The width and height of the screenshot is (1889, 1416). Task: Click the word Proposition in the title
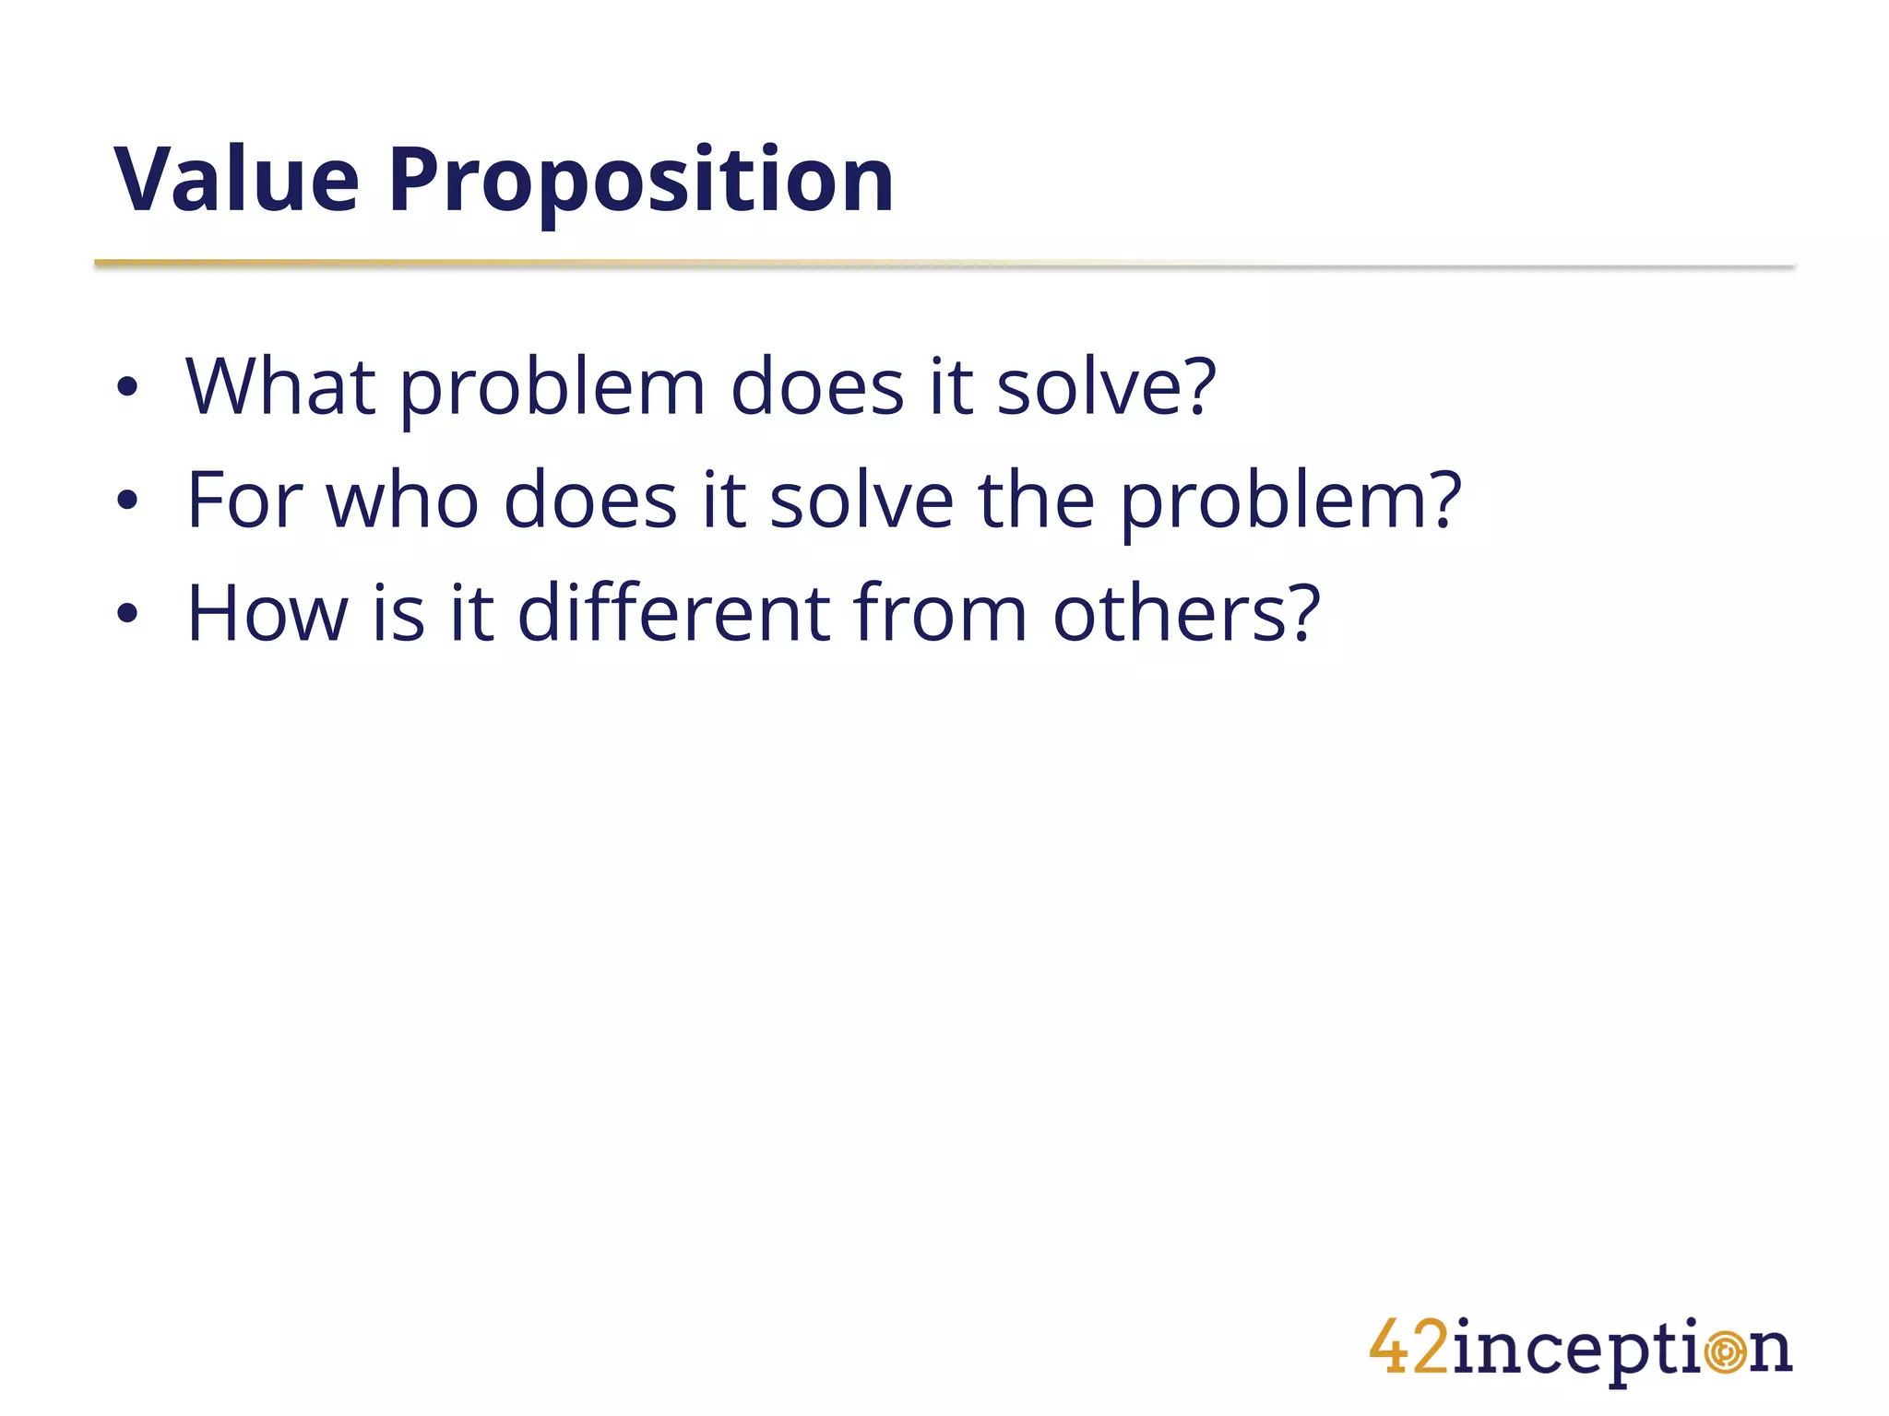pos(641,183)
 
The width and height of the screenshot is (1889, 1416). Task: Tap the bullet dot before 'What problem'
pos(127,387)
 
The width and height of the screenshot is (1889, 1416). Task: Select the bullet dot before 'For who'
pos(127,501)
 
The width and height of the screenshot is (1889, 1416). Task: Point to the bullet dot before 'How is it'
pos(127,614)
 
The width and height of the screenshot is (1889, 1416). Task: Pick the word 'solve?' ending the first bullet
pos(1106,387)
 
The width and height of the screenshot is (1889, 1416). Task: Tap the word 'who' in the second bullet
pos(403,501)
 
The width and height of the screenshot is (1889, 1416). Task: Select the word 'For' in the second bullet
pos(245,501)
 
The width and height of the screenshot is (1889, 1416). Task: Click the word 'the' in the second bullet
pos(1036,501)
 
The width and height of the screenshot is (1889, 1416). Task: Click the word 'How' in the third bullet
pos(267,614)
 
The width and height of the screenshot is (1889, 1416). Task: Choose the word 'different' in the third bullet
pos(674,614)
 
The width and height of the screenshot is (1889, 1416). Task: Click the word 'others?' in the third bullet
pos(1186,614)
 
